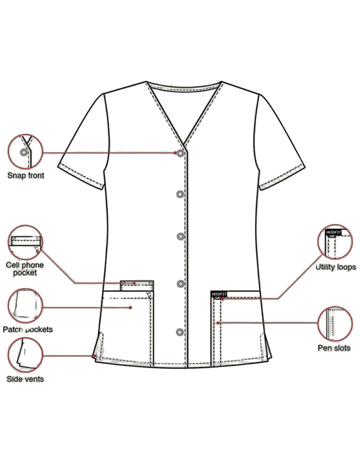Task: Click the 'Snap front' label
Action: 26,175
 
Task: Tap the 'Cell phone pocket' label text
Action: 25,269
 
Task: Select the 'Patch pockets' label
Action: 28,330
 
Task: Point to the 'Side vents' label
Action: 25,379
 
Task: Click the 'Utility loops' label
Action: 336,267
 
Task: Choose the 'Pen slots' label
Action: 334,348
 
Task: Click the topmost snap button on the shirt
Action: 180,153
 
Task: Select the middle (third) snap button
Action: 180,236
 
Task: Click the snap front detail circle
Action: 26,151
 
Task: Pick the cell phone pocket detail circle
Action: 25,243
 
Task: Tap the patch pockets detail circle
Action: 26,306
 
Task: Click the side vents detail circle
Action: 26,355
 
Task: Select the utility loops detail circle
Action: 335,242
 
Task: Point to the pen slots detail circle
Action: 335,324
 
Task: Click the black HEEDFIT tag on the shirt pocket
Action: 219,294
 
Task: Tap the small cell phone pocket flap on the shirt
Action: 137,285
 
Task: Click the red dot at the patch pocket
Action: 131,308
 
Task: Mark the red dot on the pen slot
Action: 218,323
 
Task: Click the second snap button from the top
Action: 180,194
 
